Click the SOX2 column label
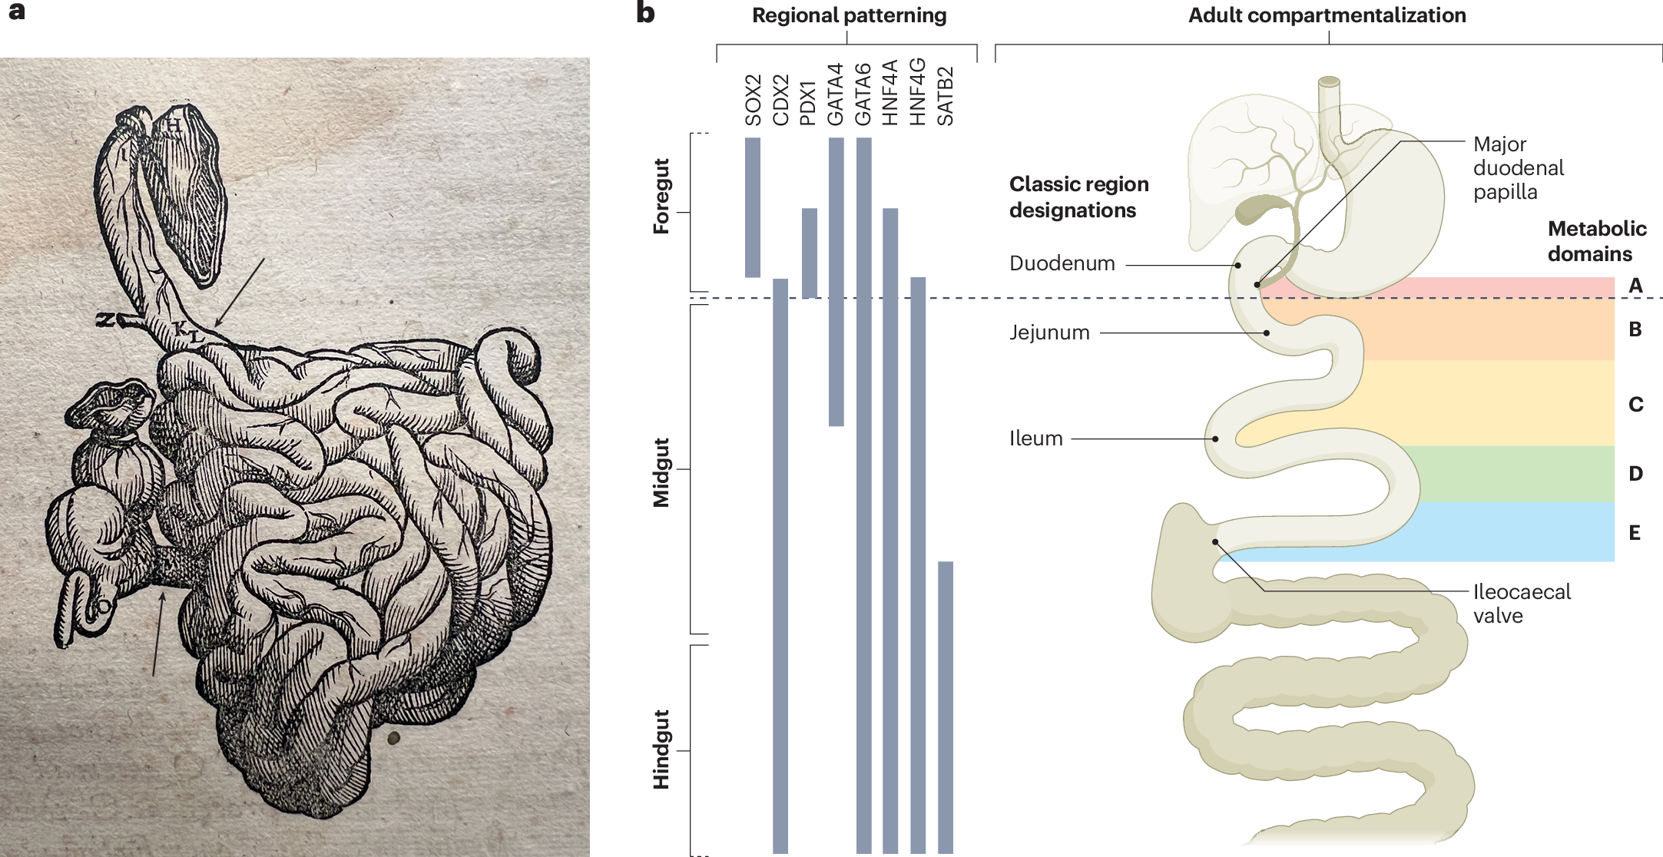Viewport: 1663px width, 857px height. (x=753, y=100)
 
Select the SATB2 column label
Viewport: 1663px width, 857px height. (x=946, y=96)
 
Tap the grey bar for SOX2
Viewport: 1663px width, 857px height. (x=753, y=207)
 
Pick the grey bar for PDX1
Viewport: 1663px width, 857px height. (x=810, y=253)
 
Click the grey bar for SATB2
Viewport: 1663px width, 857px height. (x=946, y=707)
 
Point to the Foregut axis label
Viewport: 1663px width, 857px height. (x=661, y=196)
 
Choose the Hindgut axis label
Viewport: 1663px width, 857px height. (x=661, y=749)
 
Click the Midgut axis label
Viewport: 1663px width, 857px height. (x=661, y=473)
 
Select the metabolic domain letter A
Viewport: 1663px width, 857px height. (x=1635, y=286)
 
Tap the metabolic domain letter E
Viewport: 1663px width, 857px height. (x=1635, y=533)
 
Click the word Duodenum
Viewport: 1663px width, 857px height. (x=1062, y=263)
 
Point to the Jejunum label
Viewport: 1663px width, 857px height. (x=1049, y=333)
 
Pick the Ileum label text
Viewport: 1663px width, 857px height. (x=1036, y=438)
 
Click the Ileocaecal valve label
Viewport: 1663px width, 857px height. (x=1522, y=604)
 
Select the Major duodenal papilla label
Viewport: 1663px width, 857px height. (x=1519, y=168)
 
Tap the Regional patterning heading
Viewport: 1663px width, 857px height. (x=850, y=15)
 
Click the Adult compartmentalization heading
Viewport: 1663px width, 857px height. (x=1327, y=15)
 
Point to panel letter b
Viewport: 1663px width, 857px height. (x=645, y=13)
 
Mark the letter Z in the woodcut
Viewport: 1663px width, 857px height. (x=104, y=319)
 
